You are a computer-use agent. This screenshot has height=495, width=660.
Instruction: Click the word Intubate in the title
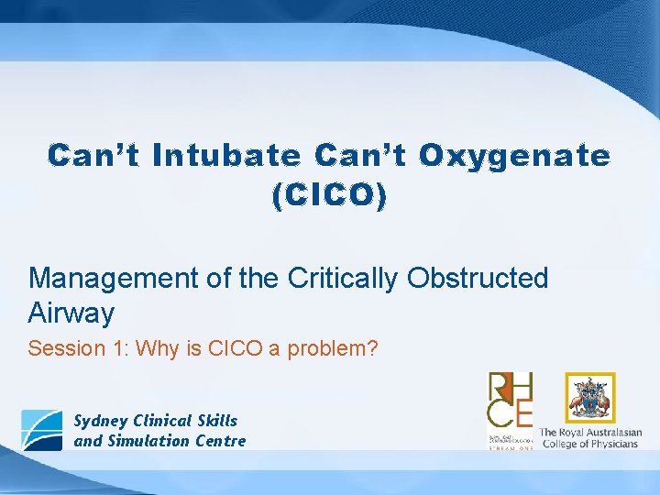coord(225,157)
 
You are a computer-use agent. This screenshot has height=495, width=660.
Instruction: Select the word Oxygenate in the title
coord(514,157)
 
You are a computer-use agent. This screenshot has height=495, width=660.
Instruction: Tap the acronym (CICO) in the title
coord(329,196)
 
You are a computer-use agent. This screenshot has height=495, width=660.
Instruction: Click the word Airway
coord(71,313)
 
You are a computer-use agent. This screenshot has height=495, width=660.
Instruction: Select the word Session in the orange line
coord(60,349)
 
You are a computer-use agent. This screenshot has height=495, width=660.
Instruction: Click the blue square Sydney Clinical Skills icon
coord(42,430)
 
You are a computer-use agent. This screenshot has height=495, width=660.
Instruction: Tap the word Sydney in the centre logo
coord(101,421)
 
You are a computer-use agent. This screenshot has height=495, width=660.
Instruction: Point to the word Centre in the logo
coord(217,441)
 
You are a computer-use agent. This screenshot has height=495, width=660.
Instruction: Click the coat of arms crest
coord(589,398)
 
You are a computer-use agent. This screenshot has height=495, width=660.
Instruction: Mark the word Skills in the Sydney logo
coord(216,421)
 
